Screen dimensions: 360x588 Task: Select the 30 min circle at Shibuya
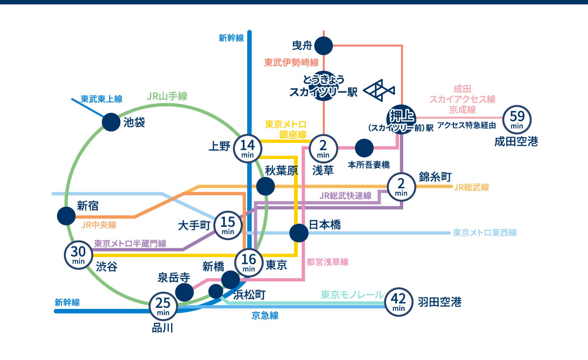point(78,255)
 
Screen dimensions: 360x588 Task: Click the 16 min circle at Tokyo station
point(249,262)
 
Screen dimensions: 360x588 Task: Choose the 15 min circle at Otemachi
point(228,225)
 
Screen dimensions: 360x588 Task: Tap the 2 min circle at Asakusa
point(323,148)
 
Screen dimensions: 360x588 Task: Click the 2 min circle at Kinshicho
point(401,186)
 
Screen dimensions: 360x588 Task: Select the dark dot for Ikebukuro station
point(111,122)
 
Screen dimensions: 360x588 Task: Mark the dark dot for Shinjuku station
point(66,216)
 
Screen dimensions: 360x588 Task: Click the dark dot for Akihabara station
point(265,186)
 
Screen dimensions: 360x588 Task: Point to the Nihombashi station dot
point(298,233)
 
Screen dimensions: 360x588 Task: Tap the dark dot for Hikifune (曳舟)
point(323,46)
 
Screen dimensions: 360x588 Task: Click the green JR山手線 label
point(167,96)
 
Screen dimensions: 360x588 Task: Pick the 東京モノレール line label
point(352,295)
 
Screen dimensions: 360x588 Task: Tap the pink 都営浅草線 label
point(328,262)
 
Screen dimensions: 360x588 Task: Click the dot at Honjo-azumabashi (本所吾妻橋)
point(364,148)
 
